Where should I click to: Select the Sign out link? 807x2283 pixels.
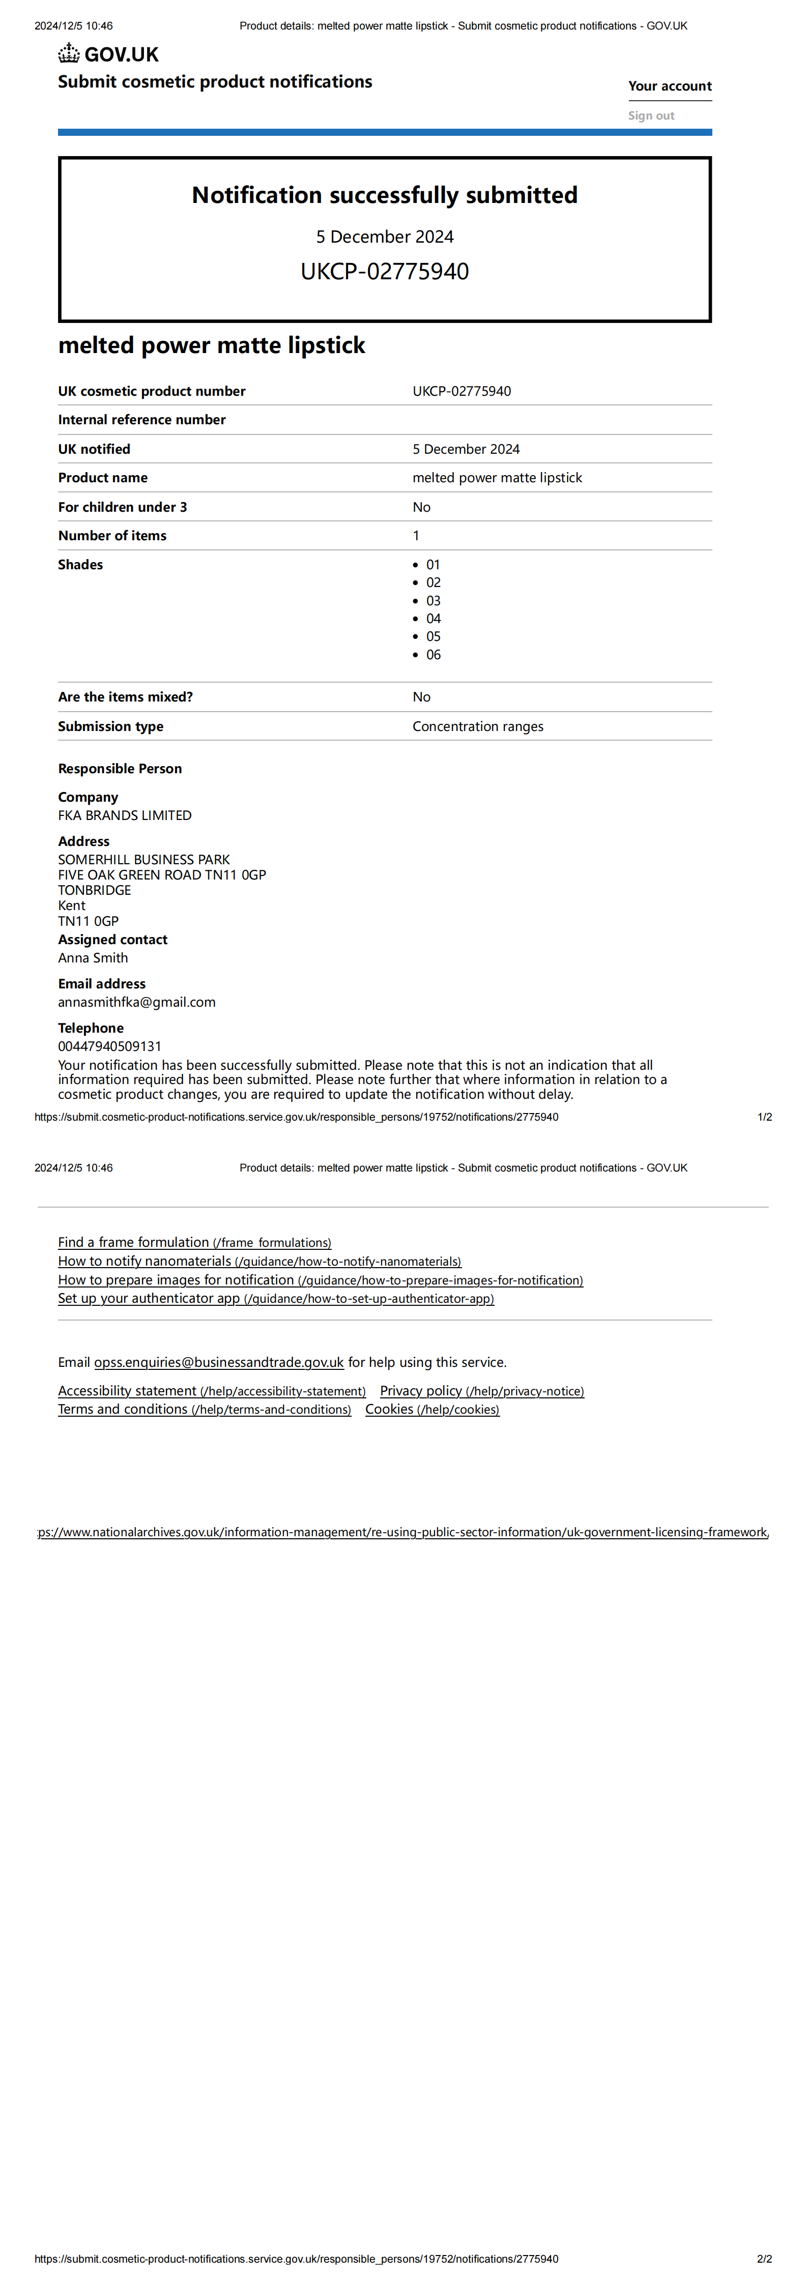point(651,116)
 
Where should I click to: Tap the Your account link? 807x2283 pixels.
point(670,86)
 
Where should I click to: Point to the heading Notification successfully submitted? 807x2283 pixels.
point(384,195)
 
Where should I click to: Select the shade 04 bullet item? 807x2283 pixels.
point(433,619)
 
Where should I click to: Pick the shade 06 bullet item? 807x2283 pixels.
point(433,655)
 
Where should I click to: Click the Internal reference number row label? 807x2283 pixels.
point(142,420)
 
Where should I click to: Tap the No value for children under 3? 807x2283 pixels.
point(421,507)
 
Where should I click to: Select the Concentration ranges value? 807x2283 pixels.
point(477,727)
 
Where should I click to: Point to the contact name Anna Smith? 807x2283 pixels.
point(93,958)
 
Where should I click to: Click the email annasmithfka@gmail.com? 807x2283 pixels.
point(136,1002)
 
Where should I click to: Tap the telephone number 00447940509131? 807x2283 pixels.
point(110,1047)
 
